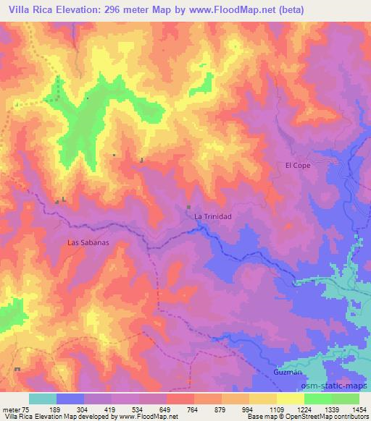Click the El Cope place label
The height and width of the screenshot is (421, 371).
297,165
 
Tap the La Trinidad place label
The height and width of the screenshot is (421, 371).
212,216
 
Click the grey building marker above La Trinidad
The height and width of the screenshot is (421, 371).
190,208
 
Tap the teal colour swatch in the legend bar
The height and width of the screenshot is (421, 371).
43,399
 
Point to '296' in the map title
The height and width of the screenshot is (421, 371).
121,9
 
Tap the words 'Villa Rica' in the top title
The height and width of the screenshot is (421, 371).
31,9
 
